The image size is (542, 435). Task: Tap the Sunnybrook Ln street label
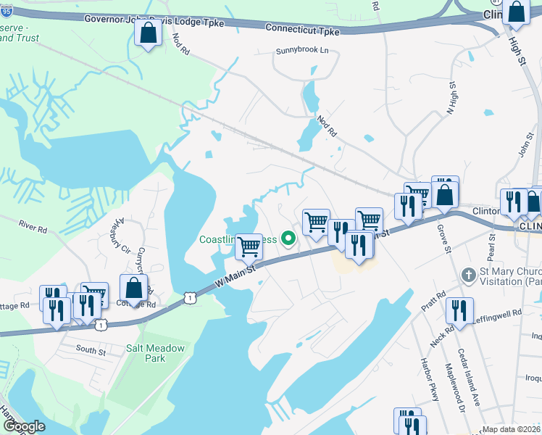302,51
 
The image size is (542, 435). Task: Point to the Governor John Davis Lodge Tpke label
154,20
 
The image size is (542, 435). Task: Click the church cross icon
470,275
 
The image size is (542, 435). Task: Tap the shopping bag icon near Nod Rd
149,33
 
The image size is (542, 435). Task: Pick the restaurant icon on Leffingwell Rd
459,310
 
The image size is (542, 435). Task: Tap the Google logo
24,426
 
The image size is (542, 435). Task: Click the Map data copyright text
511,429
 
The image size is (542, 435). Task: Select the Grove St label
443,239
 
